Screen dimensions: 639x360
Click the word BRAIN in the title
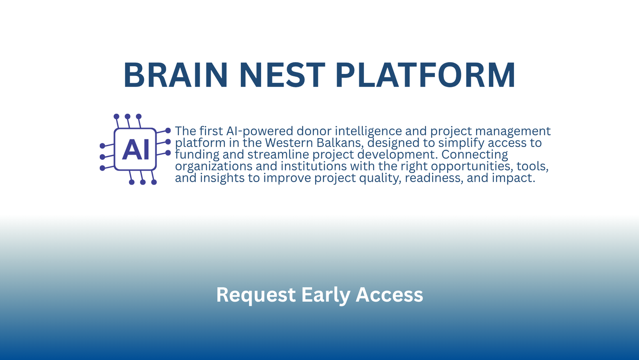pos(175,75)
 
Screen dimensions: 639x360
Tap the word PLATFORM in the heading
pos(425,75)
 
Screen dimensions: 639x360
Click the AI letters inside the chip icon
pos(135,149)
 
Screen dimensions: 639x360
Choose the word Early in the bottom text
pos(325,294)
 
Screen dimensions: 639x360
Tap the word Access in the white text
pos(389,294)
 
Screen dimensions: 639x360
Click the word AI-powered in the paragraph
pos(260,131)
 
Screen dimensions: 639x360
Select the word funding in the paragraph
pos(197,155)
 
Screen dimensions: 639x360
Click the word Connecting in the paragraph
pos(475,155)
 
